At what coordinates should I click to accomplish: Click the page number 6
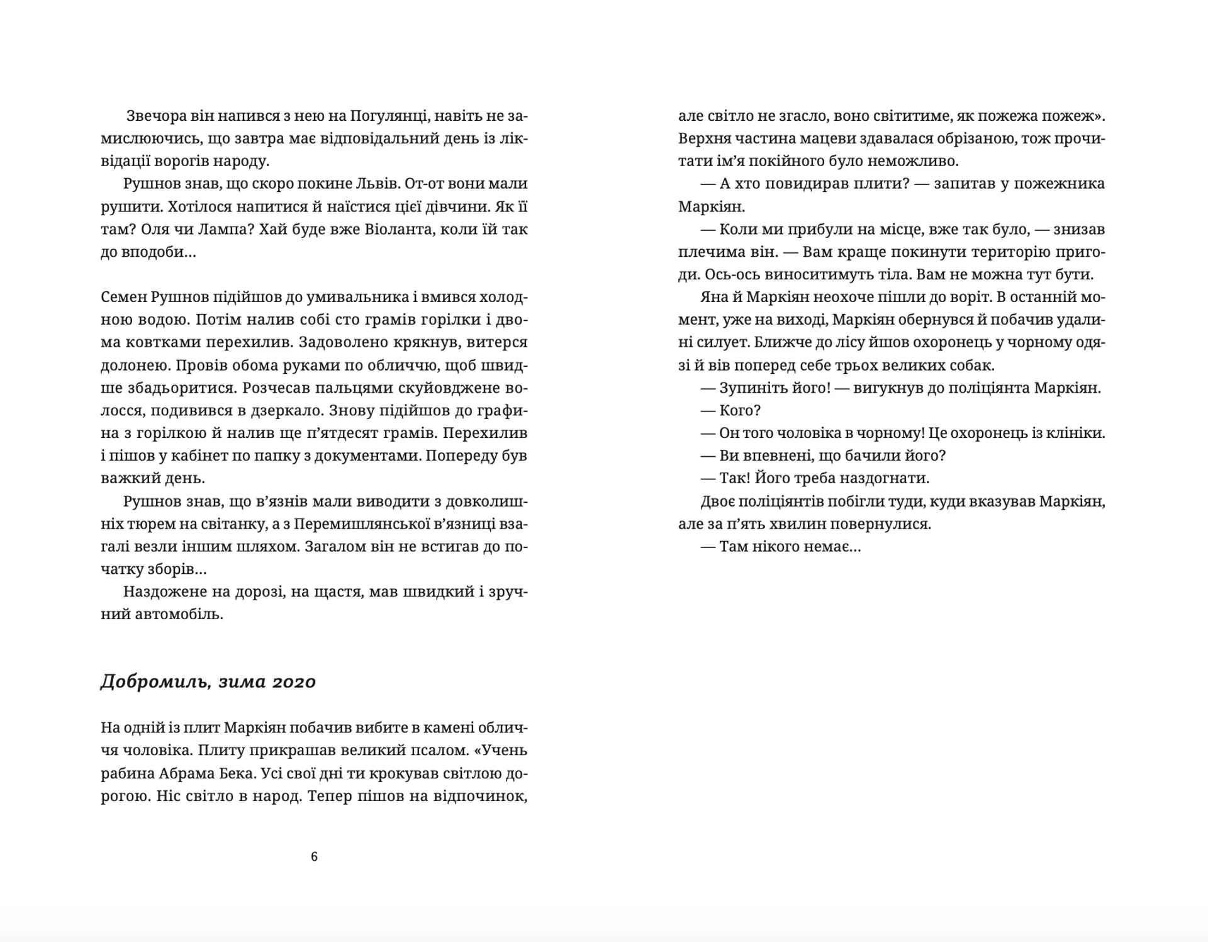tap(314, 856)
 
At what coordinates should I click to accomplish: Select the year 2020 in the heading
tap(294, 682)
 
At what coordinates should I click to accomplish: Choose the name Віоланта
tap(399, 229)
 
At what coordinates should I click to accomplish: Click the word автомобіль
tap(179, 614)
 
